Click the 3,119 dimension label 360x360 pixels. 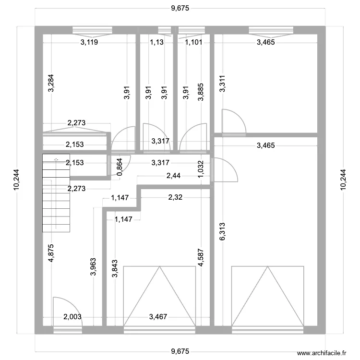[x=90, y=42]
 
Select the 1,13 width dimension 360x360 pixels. [x=156, y=42]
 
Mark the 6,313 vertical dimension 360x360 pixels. [x=222, y=232]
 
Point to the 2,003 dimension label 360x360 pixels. [x=73, y=316]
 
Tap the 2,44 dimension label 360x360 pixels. [x=173, y=176]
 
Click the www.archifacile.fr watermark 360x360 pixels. [x=321, y=352]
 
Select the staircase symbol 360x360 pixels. [x=56, y=192]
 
